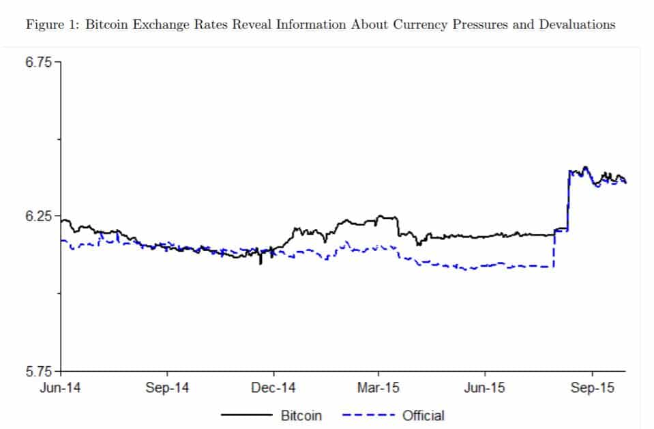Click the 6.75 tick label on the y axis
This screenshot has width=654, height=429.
click(x=38, y=62)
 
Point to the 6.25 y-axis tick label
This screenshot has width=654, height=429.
click(x=38, y=216)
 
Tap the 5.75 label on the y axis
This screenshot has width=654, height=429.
click(x=38, y=372)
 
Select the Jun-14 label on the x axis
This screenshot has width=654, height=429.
click(x=61, y=388)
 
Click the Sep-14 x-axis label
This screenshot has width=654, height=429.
click(x=167, y=388)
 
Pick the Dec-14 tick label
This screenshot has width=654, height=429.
click(x=273, y=388)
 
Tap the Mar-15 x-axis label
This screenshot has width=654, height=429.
click(x=379, y=388)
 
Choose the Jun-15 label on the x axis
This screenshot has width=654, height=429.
click(x=485, y=388)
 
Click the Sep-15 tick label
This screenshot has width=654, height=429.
click(x=592, y=388)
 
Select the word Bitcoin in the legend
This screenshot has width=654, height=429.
click(x=301, y=415)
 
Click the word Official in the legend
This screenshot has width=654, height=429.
click(x=423, y=415)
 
